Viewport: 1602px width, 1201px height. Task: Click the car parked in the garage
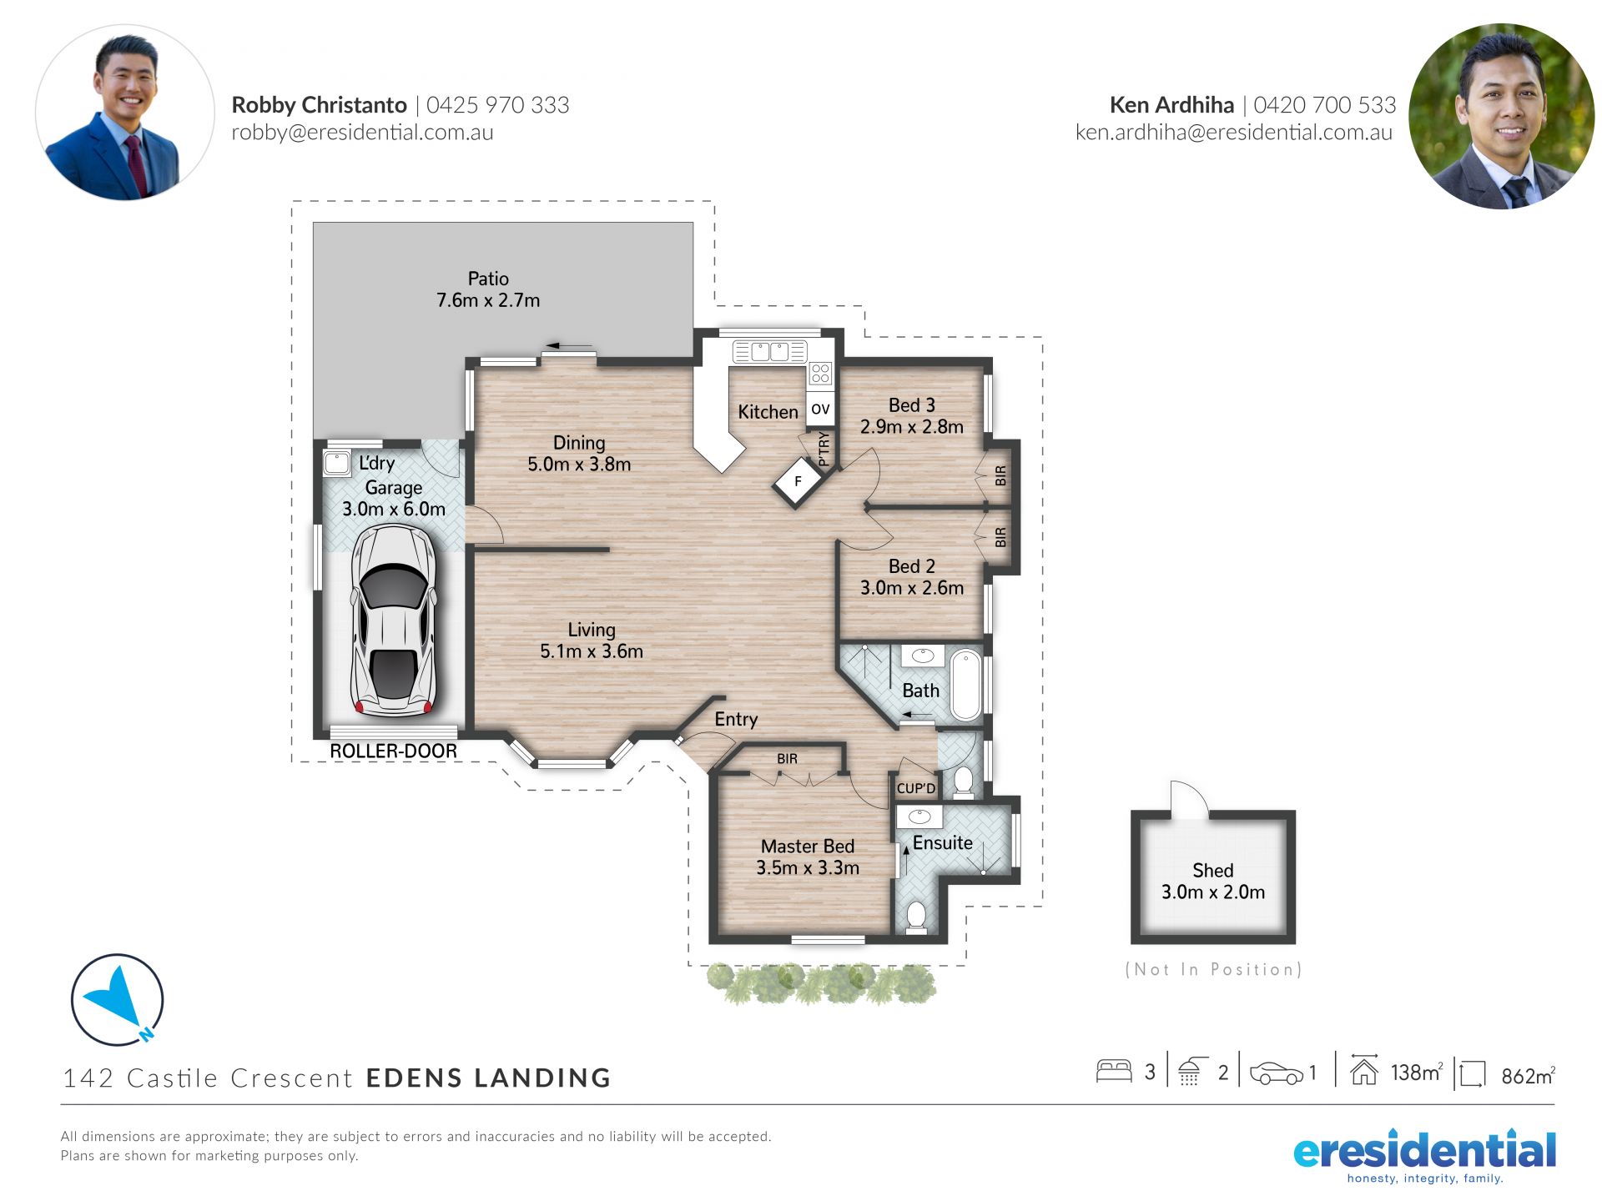pyautogui.click(x=394, y=621)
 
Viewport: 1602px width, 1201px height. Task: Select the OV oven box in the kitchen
pyautogui.click(x=820, y=409)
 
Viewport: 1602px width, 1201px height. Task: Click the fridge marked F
pyautogui.click(x=798, y=481)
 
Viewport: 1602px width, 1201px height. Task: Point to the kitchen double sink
pyautogui.click(x=769, y=351)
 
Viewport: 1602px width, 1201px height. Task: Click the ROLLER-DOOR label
pyautogui.click(x=393, y=751)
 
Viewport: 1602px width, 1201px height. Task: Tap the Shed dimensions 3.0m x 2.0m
pyautogui.click(x=1213, y=892)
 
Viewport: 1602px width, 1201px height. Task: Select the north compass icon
pyautogui.click(x=118, y=1000)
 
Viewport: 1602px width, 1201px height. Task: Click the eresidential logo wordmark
pyautogui.click(x=1424, y=1151)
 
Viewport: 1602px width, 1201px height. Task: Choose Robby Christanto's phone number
pyautogui.click(x=498, y=105)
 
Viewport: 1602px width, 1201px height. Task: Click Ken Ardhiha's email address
pyautogui.click(x=1234, y=132)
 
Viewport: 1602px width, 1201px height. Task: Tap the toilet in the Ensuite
pyautogui.click(x=916, y=916)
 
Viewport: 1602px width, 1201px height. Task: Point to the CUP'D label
pyautogui.click(x=916, y=788)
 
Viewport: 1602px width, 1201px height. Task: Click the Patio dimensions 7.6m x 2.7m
pyautogui.click(x=488, y=300)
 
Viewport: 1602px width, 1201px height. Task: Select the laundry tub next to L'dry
pyautogui.click(x=337, y=463)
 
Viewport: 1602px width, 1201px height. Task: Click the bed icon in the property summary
pyautogui.click(x=1114, y=1071)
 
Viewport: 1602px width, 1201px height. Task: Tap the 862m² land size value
pyautogui.click(x=1528, y=1076)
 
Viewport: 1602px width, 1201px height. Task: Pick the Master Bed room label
pyautogui.click(x=808, y=847)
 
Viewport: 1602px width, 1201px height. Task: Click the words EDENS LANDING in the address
pyautogui.click(x=488, y=1078)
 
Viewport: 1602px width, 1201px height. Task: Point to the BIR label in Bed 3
pyautogui.click(x=1000, y=476)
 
